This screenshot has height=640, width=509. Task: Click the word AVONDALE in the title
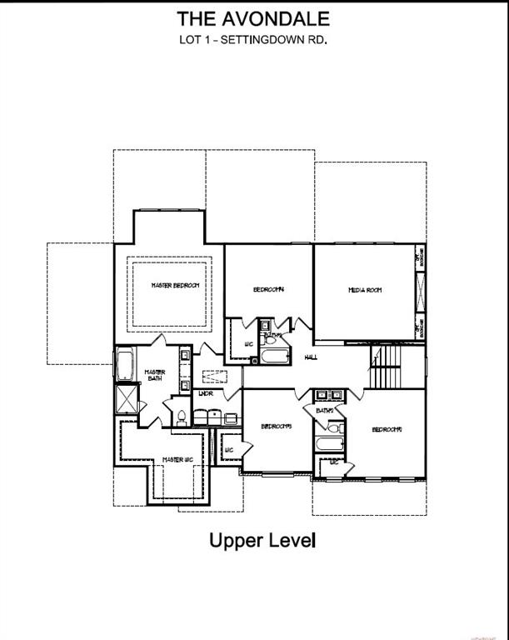[x=276, y=18]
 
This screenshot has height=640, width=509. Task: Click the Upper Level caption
[x=262, y=540]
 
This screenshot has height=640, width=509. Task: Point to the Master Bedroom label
[x=175, y=286]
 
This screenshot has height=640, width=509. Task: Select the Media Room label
[x=364, y=290]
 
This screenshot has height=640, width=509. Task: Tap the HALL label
[x=311, y=357]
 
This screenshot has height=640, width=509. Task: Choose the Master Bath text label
[x=155, y=376]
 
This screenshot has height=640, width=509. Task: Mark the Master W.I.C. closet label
[x=177, y=459]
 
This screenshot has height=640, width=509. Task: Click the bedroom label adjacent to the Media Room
[x=269, y=289]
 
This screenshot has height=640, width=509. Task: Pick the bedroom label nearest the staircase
[x=387, y=429]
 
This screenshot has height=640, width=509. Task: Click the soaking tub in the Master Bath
[x=125, y=364]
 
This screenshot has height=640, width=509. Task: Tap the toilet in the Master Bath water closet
[x=182, y=414]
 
